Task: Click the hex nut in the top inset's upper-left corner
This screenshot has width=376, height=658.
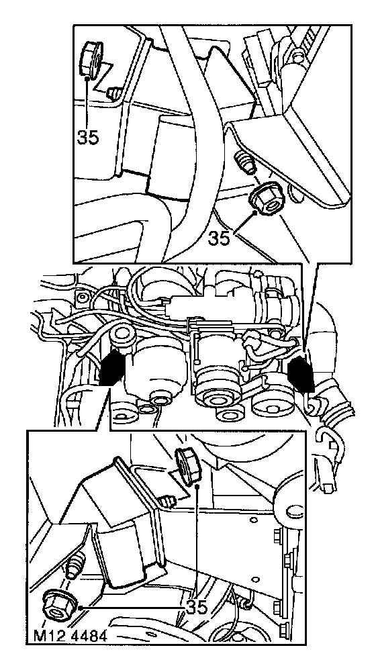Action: [91, 60]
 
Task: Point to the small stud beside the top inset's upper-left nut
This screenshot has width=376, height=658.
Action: [113, 93]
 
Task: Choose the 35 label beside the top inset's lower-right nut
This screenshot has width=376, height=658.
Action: [219, 238]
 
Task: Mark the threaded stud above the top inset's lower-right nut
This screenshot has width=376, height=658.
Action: [245, 162]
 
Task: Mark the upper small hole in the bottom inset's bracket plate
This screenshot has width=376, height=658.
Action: [254, 520]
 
